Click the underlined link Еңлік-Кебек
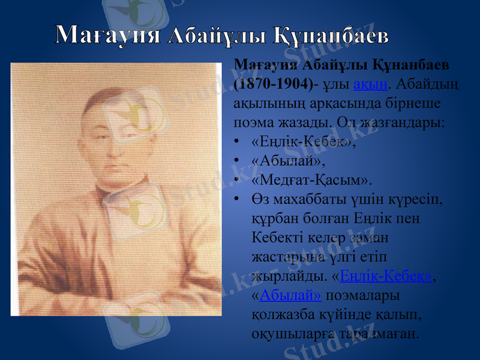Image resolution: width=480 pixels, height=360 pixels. pos(385,276)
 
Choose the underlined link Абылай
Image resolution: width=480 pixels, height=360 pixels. pos(291,296)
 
